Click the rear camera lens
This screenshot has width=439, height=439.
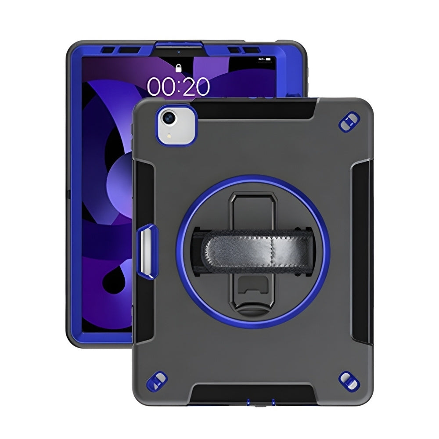[169, 118]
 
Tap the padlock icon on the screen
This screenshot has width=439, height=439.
[178, 68]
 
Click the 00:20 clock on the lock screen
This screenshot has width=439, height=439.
[178, 86]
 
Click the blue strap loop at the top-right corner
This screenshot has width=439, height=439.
[349, 122]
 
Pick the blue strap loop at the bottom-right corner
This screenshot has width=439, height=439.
[349, 382]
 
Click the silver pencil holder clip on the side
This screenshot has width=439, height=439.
[147, 251]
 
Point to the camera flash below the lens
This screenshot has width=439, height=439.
[169, 136]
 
